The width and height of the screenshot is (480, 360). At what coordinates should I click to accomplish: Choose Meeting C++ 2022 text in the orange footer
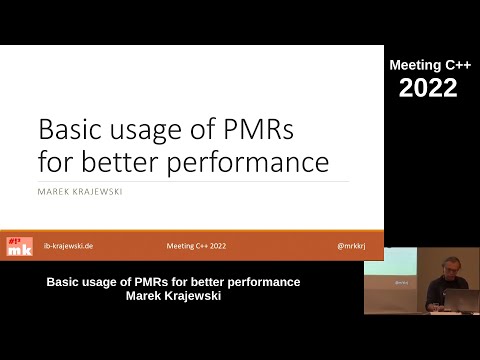195,244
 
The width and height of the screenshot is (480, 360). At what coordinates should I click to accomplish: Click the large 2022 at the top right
429,88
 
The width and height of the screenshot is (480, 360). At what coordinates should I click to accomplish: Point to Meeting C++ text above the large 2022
429,65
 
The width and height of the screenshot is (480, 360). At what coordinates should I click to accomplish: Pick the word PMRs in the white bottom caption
146,282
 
